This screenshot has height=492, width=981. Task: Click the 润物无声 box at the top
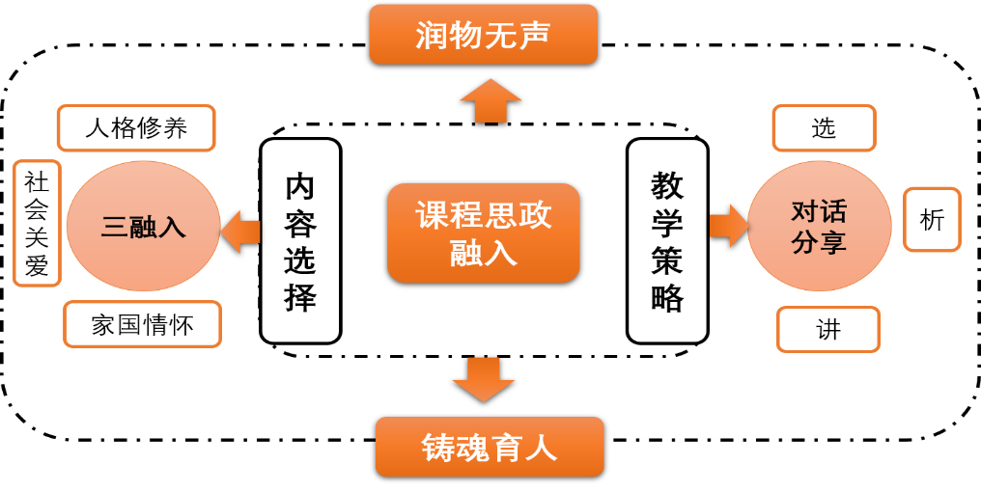[483, 35]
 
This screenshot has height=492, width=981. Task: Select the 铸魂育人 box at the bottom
[490, 447]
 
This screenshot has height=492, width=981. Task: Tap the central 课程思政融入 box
[483, 232]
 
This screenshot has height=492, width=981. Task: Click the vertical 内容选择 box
[300, 241]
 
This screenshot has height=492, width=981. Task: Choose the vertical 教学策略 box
[667, 241]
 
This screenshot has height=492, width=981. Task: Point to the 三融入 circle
[143, 227]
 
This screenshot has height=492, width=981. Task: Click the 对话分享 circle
[819, 227]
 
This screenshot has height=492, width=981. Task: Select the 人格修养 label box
[136, 128]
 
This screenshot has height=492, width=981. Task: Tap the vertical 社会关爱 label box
[37, 224]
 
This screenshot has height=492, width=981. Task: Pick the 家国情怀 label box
[142, 324]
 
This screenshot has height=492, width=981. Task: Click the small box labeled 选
[824, 128]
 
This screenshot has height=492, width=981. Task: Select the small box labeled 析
[932, 220]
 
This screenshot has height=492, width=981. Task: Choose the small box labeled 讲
[827, 330]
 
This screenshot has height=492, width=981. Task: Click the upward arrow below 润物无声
[490, 101]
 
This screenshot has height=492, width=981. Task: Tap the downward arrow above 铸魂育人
[483, 379]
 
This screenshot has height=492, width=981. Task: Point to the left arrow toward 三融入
[240, 232]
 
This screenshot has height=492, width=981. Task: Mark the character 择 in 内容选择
[300, 298]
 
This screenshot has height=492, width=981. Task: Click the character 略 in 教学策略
[667, 298]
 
